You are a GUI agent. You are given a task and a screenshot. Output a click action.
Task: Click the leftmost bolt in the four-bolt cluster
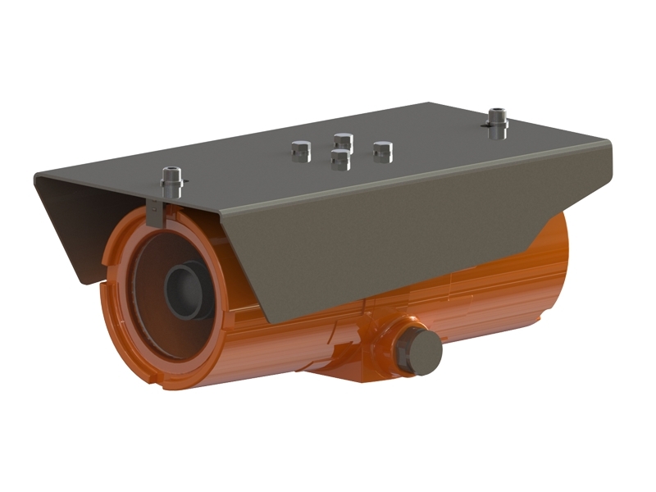299,150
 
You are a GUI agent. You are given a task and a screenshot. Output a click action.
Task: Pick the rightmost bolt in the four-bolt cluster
382,149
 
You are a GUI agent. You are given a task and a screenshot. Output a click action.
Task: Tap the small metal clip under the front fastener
155,212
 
